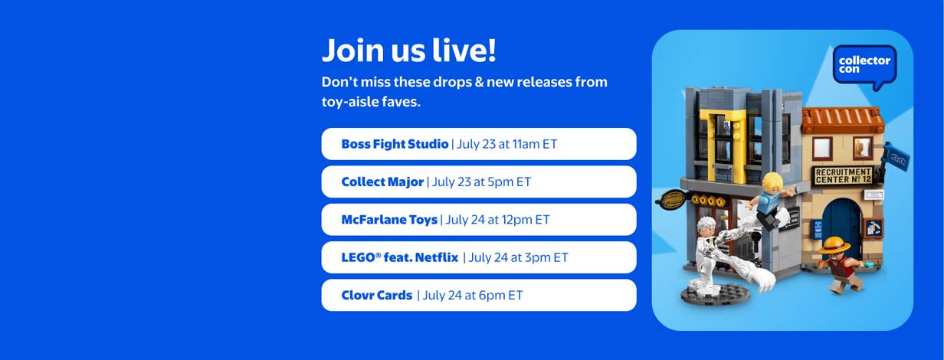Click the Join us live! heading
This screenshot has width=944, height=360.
(409, 50)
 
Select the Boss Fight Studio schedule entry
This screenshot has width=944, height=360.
(479, 144)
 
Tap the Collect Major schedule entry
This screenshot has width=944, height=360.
(479, 182)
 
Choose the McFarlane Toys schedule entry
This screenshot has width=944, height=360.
(479, 220)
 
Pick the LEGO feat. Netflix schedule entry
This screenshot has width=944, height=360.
(479, 257)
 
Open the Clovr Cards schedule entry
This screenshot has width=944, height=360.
(479, 295)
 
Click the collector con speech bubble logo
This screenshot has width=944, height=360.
(865, 67)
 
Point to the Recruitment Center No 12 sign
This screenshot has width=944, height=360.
(843, 175)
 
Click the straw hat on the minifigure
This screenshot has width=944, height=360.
(834, 245)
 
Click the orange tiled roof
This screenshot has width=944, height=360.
(842, 119)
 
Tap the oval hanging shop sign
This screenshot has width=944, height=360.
(672, 200)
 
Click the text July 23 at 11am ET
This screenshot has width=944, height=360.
(507, 144)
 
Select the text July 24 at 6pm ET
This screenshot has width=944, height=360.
(473, 295)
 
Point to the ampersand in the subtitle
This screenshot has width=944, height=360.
(479, 82)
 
